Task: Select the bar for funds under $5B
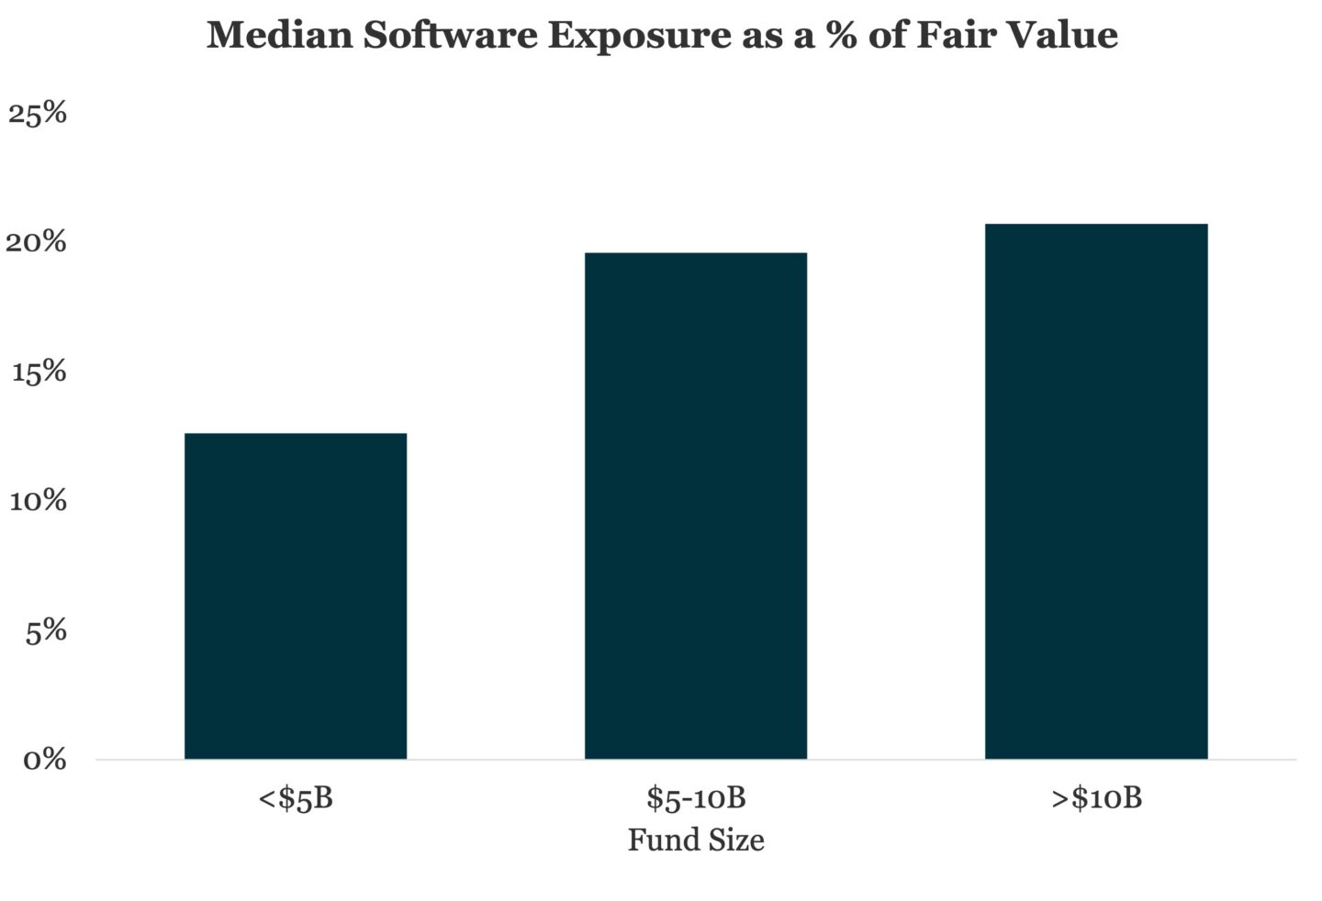(296, 596)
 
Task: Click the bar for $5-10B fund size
(696, 506)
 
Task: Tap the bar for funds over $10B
(1096, 492)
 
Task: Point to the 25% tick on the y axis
(37, 113)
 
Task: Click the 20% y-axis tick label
(36, 242)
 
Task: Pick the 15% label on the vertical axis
(39, 373)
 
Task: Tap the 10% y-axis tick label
(38, 501)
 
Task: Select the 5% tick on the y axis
(46, 631)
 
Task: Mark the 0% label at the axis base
(44, 760)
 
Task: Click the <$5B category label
(296, 798)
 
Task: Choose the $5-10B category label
(697, 798)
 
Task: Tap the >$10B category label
(1096, 798)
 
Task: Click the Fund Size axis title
(697, 840)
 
